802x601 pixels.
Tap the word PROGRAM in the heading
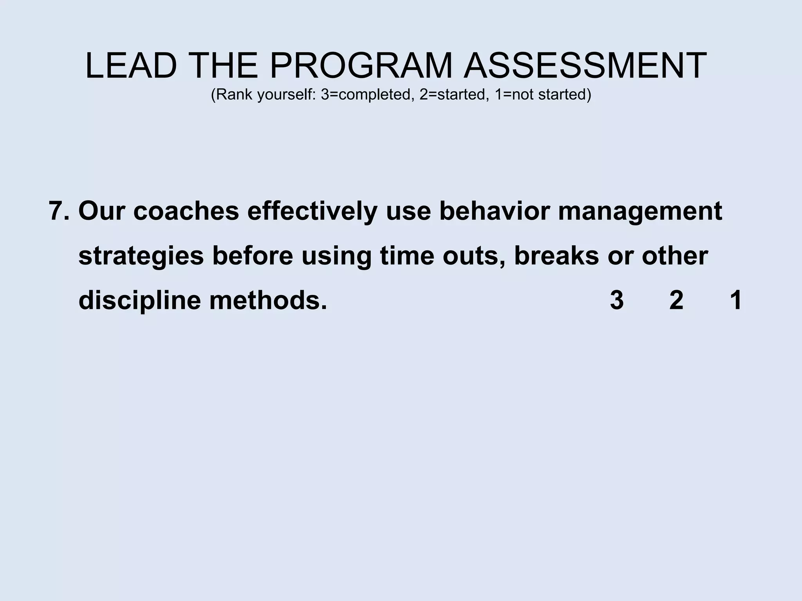point(360,66)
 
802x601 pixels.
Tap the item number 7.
point(59,211)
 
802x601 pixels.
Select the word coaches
point(186,211)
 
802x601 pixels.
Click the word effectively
point(312,211)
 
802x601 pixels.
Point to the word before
point(253,256)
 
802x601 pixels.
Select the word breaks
point(556,256)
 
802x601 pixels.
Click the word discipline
point(140,301)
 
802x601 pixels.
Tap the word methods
point(268,300)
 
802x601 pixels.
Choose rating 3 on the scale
point(617,300)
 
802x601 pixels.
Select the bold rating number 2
point(676,300)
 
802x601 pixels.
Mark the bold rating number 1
point(736,300)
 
